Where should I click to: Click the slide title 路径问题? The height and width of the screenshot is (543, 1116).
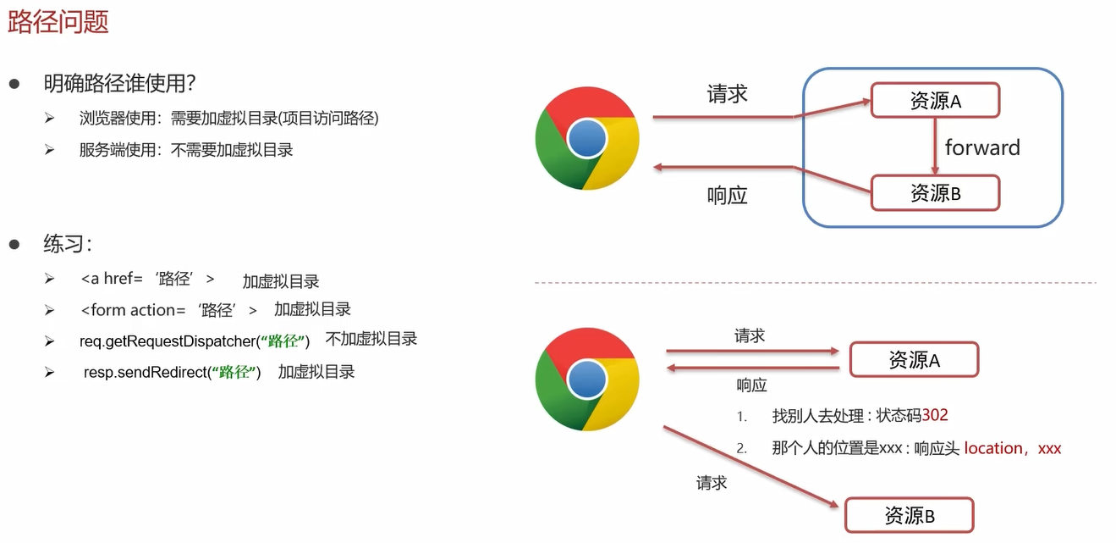tap(58, 21)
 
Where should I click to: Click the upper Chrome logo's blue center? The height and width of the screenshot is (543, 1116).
tap(587, 138)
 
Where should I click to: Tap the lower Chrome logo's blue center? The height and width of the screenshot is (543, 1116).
tap(587, 379)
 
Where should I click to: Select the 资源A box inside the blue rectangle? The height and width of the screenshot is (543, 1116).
tap(935, 101)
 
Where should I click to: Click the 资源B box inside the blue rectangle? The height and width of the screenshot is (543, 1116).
tap(935, 193)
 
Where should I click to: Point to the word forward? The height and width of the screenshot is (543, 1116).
tap(982, 147)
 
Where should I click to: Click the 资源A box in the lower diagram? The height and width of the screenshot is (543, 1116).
tap(914, 360)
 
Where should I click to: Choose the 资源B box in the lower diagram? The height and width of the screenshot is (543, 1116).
tap(910, 515)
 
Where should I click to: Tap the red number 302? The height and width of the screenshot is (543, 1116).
tap(935, 415)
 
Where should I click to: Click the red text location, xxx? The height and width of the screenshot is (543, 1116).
tap(1012, 448)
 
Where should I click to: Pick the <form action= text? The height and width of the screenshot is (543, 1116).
tap(133, 310)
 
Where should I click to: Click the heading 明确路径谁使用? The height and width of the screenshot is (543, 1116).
tap(120, 84)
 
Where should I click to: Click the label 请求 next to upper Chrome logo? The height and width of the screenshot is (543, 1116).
tap(727, 94)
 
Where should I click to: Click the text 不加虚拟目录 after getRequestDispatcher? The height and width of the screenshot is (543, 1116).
tap(371, 339)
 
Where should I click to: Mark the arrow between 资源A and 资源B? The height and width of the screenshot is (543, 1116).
tap(935, 147)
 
